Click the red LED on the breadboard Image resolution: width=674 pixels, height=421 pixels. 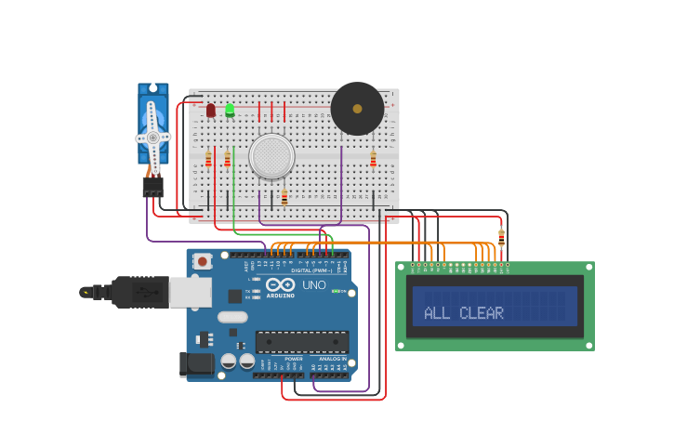[211, 111]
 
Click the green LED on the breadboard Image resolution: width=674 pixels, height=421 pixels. [230, 110]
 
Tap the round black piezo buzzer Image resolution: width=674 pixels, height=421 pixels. [357, 109]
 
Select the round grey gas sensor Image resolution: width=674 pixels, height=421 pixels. [271, 156]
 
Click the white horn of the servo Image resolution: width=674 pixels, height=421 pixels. [152, 137]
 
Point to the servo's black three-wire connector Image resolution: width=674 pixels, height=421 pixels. [152, 187]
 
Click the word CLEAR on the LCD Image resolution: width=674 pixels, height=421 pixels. [482, 313]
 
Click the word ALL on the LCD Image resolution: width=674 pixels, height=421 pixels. [436, 313]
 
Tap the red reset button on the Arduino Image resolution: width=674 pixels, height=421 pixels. [203, 261]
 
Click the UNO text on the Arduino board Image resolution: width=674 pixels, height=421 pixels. [314, 284]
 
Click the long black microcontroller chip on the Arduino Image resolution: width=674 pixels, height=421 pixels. [301, 341]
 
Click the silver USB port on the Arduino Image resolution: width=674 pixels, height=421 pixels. [189, 292]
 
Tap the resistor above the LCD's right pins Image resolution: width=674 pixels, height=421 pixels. [501, 237]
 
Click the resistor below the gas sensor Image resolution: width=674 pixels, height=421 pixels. [284, 197]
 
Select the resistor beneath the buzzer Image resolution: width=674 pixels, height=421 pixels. [373, 160]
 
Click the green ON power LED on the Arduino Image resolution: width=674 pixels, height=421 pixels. [335, 292]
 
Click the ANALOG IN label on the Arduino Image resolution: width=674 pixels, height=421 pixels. [332, 359]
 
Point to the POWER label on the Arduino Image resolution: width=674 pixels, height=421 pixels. [293, 359]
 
